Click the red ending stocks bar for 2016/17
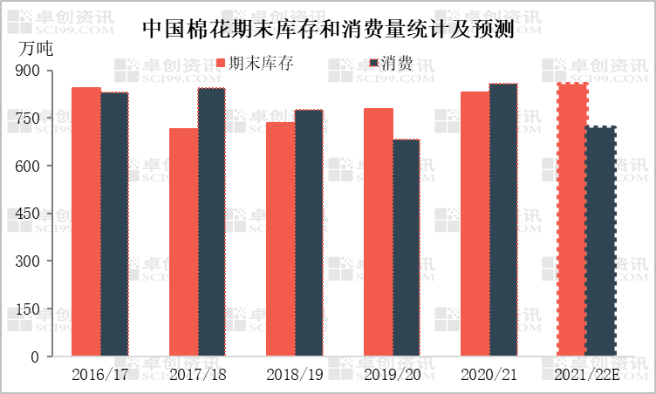(86, 222)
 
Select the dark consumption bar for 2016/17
(114, 225)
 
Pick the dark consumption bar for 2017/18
(211, 222)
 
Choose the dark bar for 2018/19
(309, 234)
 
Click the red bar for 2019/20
(378, 233)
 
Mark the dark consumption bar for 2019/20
(406, 248)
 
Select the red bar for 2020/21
(475, 224)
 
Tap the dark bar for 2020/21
(503, 221)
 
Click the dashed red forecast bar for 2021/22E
(571, 221)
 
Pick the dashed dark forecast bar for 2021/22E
(600, 241)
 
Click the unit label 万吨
(35, 48)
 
